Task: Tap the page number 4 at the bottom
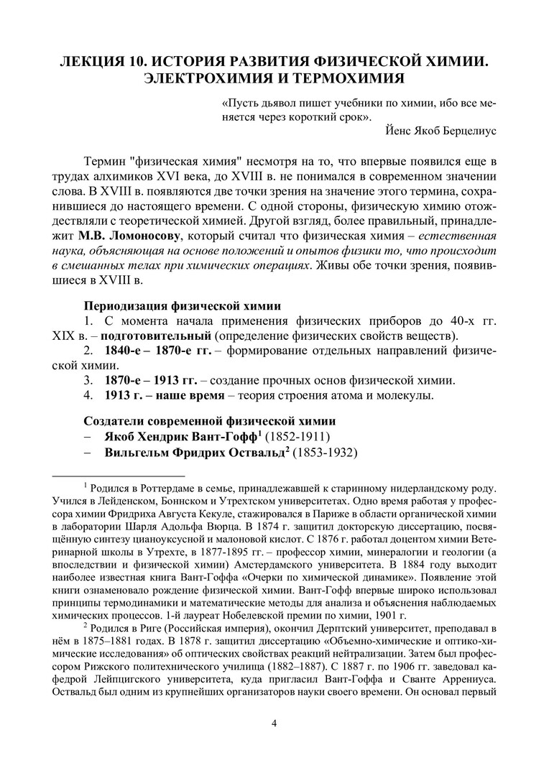coord(274,722)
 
